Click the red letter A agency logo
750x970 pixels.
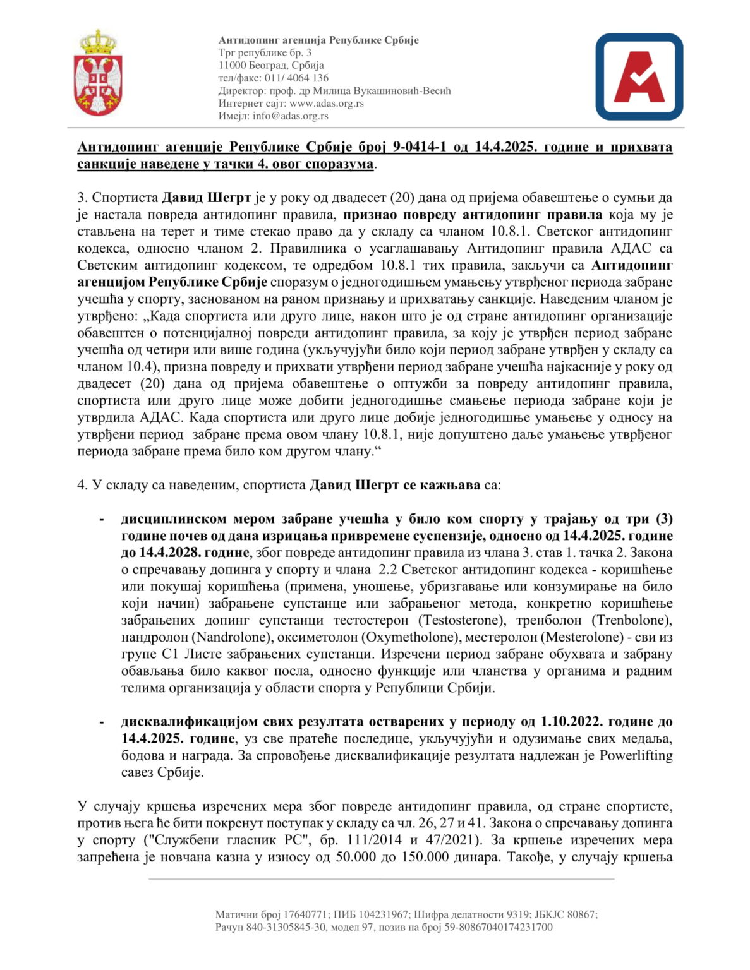coord(639,77)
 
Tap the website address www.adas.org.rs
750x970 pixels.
coord(327,104)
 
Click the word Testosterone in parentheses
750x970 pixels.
coord(465,620)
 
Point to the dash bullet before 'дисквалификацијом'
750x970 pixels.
coord(102,722)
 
